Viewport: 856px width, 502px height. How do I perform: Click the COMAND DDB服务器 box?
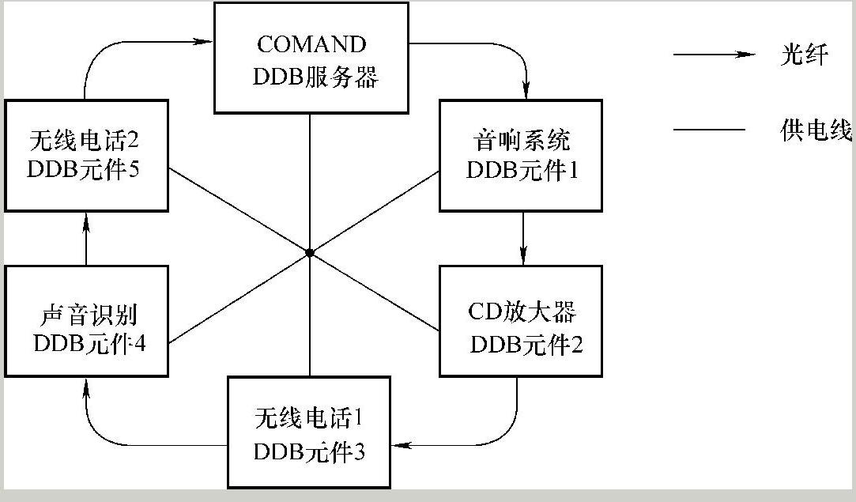point(311,57)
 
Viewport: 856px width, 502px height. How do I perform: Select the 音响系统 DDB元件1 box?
point(521,155)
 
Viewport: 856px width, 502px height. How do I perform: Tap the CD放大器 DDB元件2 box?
point(521,320)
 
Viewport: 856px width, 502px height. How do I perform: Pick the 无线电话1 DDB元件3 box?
point(309,432)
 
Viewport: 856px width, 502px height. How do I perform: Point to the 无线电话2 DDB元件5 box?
point(86,155)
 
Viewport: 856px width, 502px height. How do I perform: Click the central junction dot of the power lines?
point(310,253)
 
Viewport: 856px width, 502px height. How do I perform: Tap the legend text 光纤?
point(803,55)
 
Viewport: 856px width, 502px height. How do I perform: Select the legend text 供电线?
point(815,130)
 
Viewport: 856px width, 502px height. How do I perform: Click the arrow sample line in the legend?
point(714,55)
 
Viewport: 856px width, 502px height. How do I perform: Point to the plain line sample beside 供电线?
point(709,130)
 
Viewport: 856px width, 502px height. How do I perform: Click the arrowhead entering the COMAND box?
point(206,40)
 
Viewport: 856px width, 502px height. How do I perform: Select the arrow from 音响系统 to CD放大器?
point(523,238)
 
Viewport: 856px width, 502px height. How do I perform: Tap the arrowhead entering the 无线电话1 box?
point(401,446)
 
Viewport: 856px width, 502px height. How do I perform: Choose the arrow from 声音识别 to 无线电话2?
point(87,238)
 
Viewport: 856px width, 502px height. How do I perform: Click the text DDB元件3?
point(309,452)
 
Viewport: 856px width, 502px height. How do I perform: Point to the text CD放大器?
point(522,311)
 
